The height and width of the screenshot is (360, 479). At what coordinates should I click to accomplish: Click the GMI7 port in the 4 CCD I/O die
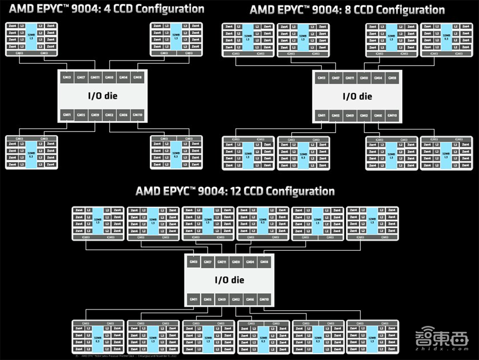coord(81,78)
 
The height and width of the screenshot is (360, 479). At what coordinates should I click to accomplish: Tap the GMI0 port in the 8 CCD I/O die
coord(364,78)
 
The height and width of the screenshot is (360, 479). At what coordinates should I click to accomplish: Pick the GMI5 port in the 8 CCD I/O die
coord(335,116)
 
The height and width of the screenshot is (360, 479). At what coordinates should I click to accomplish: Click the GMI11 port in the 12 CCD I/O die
coord(221,262)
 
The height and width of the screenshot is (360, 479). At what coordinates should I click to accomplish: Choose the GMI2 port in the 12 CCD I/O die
coord(236,300)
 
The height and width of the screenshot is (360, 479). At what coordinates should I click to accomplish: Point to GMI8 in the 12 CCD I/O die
coord(264,262)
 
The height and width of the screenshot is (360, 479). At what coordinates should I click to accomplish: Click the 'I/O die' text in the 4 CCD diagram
coord(102,96)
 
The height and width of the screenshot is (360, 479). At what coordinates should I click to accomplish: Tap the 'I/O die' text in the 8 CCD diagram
coord(357,96)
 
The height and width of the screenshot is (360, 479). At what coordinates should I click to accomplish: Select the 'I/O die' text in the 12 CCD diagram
coord(228,280)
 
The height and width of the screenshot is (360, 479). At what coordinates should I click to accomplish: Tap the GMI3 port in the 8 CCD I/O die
coord(321,78)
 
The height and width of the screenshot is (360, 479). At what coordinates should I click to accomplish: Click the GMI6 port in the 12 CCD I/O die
coord(250,300)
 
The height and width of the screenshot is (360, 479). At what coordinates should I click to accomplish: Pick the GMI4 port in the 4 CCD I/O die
coord(123,78)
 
